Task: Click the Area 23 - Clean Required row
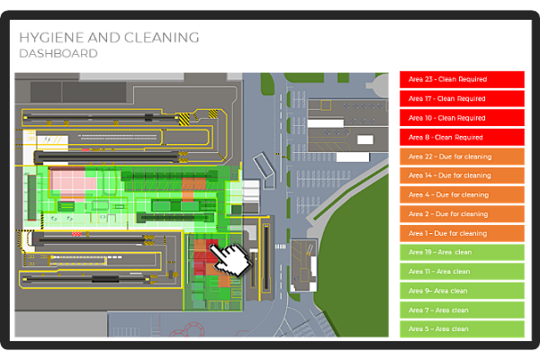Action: click(x=462, y=79)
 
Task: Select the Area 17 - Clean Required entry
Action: click(x=462, y=99)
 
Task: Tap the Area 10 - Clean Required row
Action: click(x=462, y=118)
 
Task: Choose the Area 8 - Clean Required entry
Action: click(x=462, y=138)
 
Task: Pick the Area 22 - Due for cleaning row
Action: click(x=462, y=157)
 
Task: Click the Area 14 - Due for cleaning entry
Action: click(x=462, y=175)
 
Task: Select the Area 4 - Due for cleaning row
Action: click(x=462, y=195)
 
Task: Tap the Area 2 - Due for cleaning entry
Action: click(x=462, y=214)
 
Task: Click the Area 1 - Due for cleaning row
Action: click(x=462, y=234)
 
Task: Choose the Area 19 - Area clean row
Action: click(x=462, y=253)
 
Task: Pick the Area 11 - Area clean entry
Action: click(x=462, y=272)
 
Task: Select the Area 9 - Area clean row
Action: click(x=462, y=291)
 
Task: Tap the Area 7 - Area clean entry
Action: click(x=462, y=310)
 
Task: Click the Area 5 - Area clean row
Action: click(x=462, y=329)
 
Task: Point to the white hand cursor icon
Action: click(x=230, y=259)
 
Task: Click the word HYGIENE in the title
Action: click(x=52, y=38)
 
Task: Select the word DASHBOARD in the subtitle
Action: click(x=58, y=53)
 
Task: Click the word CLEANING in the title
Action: click(x=162, y=38)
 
